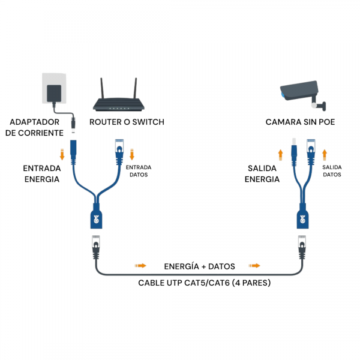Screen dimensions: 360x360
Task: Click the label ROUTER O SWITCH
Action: click(x=127, y=122)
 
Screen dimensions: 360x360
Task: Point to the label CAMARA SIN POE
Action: click(x=301, y=122)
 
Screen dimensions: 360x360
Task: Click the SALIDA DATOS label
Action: click(x=332, y=171)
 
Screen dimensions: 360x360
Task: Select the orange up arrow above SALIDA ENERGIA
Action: click(x=280, y=152)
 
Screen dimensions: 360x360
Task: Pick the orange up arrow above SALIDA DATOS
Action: click(x=325, y=152)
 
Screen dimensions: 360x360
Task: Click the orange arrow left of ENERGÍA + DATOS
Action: click(x=140, y=265)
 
